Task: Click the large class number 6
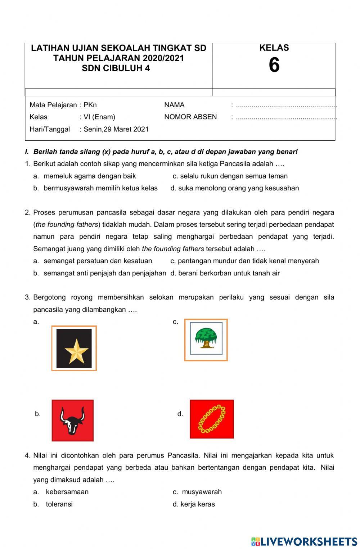(274, 66)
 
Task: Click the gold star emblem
(76, 350)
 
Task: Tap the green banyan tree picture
(206, 338)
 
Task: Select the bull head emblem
(73, 420)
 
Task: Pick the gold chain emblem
(212, 419)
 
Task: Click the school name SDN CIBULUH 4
(116, 68)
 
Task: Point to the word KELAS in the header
(274, 48)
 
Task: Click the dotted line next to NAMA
(286, 105)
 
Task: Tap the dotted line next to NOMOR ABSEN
(286, 117)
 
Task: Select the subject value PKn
(90, 105)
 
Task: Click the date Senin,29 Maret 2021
(116, 129)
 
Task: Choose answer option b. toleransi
(59, 504)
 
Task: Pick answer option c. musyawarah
(201, 492)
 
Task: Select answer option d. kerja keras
(197, 504)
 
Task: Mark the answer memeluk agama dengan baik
(90, 176)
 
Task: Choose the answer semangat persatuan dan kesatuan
(98, 261)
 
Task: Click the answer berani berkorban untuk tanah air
(229, 273)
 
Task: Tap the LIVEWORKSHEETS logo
(304, 541)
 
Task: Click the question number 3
(27, 297)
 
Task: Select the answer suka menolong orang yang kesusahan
(238, 188)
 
